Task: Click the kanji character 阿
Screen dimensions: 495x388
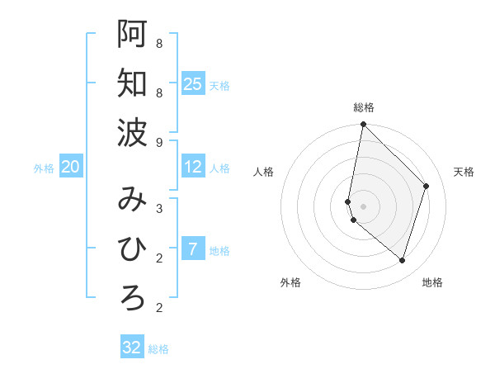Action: (x=132, y=33)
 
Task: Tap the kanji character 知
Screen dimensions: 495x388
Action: (x=132, y=83)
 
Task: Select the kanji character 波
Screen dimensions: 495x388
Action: (x=132, y=132)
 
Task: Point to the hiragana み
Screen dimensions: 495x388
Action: (x=132, y=199)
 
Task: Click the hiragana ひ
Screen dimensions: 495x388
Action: (x=132, y=248)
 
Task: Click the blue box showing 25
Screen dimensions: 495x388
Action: (x=193, y=83)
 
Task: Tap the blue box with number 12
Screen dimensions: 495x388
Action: (x=193, y=167)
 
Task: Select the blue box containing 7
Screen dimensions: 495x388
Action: (x=193, y=249)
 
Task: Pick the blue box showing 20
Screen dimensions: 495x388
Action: (x=70, y=167)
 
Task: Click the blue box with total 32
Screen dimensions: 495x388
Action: (x=132, y=348)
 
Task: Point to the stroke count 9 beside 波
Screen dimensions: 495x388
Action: (x=158, y=143)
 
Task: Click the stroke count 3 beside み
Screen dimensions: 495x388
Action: (x=158, y=208)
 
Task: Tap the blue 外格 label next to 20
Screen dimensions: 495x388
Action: (x=44, y=168)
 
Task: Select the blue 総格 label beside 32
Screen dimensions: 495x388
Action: (x=158, y=349)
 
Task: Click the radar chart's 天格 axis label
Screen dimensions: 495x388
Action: (x=464, y=172)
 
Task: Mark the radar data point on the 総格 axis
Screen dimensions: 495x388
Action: (x=363, y=125)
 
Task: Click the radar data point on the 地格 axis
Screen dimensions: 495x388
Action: (x=402, y=261)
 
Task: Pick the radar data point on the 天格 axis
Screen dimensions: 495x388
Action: (x=427, y=186)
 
